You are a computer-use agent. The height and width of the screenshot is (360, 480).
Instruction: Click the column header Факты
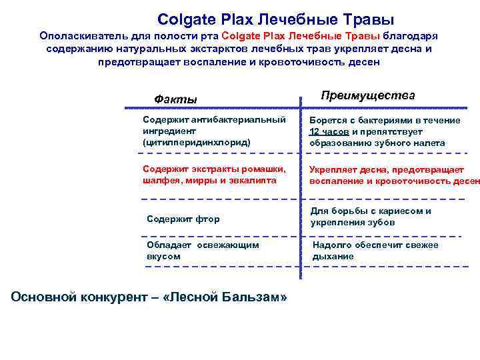(175, 99)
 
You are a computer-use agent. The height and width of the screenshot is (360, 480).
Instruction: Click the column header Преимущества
(367, 95)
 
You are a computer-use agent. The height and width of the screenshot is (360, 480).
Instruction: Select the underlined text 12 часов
(329, 131)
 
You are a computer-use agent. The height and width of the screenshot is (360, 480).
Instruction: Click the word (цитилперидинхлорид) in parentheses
(197, 143)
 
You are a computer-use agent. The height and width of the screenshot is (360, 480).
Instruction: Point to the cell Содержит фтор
(183, 219)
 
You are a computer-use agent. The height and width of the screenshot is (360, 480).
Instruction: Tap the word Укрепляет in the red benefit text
(333, 169)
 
